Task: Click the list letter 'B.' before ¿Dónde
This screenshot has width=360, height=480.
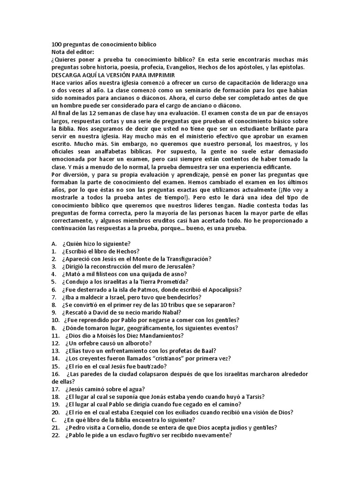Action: pos(54,328)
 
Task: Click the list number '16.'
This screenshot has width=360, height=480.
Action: pos(56,374)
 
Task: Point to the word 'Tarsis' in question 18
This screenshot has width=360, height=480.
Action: pos(254,397)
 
